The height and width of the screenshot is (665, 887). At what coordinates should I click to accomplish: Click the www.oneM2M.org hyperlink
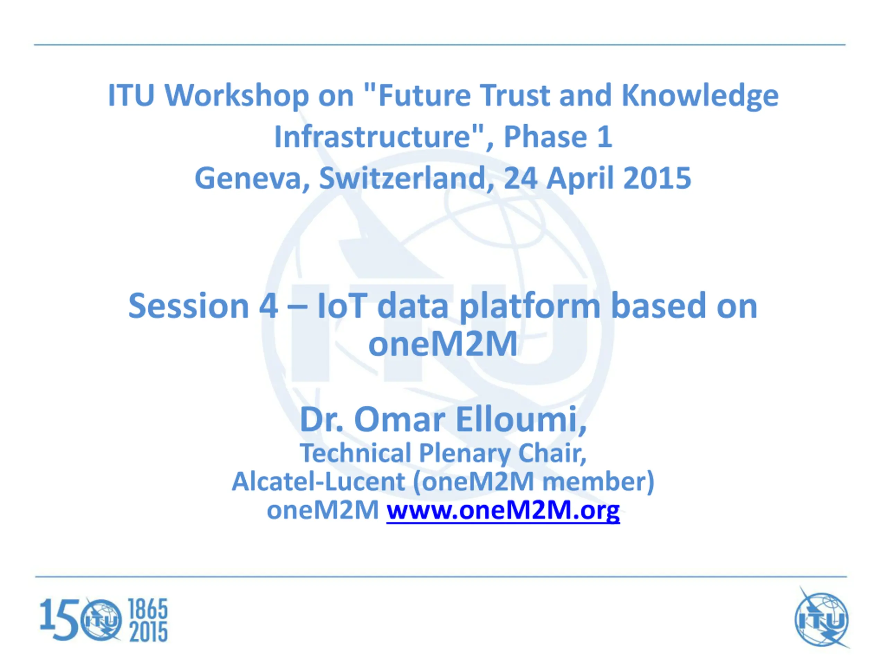503,511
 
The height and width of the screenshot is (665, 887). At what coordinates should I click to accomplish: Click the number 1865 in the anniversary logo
148,609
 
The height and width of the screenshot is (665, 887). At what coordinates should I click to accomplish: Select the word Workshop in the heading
237,96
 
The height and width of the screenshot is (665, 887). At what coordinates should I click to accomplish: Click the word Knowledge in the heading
700,96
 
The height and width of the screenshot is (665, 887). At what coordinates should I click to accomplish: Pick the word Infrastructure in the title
373,137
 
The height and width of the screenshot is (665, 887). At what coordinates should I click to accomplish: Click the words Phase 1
557,137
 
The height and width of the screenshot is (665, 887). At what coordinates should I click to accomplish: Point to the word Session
188,306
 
